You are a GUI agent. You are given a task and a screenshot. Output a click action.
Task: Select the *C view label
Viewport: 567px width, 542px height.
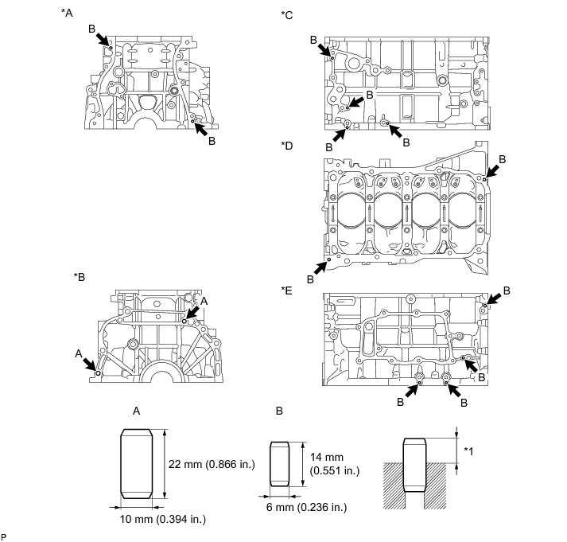[287, 14]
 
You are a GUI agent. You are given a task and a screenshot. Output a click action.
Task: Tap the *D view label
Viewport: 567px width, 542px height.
[287, 146]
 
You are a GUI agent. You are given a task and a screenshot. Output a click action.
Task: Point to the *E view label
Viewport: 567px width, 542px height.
[287, 290]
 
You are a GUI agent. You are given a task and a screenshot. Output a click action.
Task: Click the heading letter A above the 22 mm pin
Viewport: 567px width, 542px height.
[137, 411]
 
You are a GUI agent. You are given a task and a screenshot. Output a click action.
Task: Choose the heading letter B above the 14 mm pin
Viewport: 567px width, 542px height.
[279, 411]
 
